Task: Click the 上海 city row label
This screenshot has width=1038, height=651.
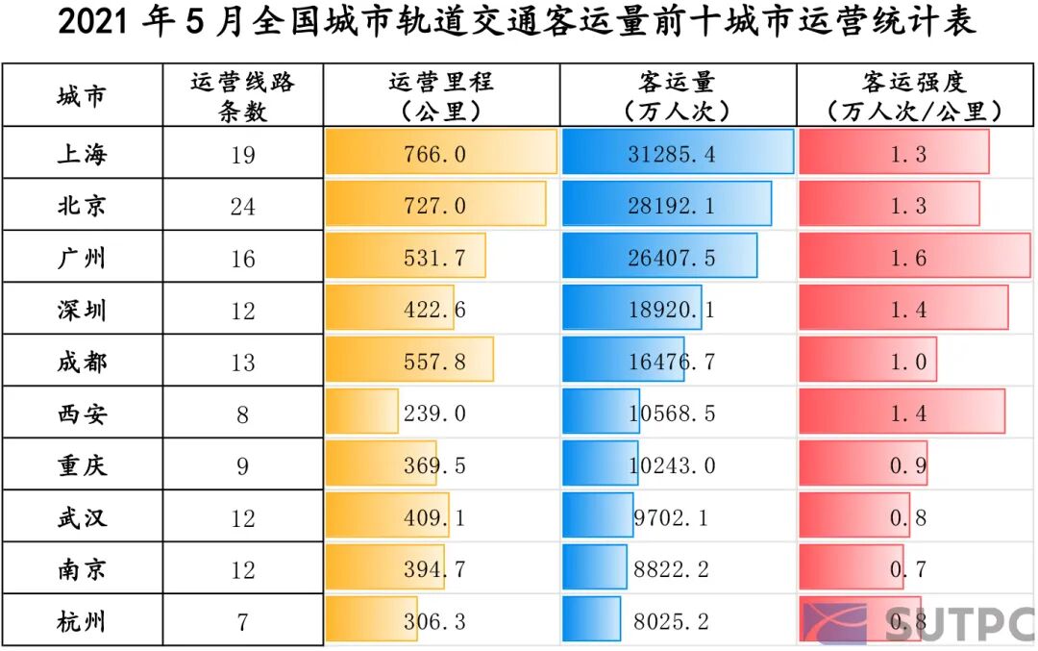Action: pos(82,154)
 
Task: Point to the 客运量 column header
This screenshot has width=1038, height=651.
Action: pos(677,95)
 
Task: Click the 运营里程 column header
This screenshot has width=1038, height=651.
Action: pos(441,95)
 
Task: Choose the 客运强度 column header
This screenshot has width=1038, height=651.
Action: pos(914,95)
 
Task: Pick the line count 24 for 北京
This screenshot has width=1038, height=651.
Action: pos(243,206)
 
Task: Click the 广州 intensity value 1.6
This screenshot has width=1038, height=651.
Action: pos(908,258)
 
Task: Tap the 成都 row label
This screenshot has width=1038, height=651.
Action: pos(82,362)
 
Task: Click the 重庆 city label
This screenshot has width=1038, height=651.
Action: pos(82,465)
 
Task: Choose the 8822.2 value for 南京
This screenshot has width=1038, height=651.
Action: pos(672,569)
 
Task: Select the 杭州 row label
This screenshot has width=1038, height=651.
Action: pos(82,621)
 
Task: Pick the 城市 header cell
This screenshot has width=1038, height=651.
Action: pos(82,95)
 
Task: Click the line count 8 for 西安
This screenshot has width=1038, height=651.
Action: pos(243,413)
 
